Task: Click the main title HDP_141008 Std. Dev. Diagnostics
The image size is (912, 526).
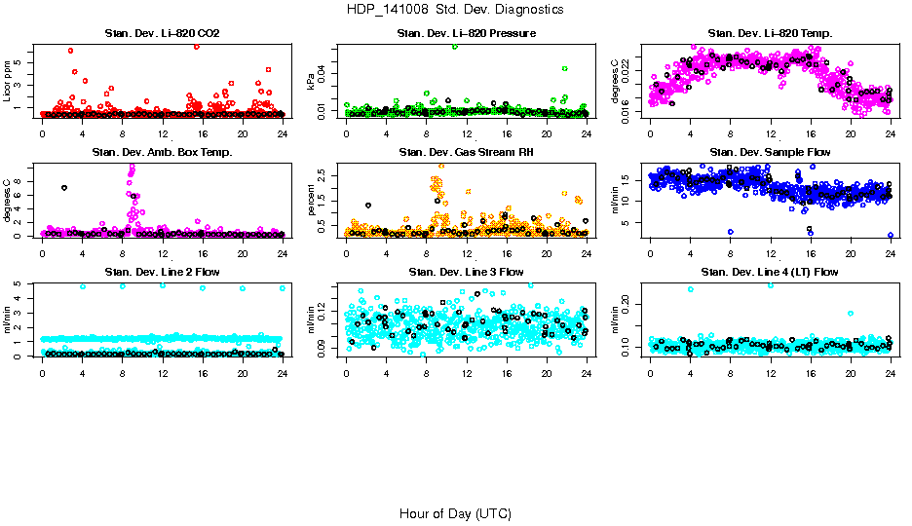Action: click(455, 9)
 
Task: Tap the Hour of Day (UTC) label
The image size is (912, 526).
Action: click(455, 512)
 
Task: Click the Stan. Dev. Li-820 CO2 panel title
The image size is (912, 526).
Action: click(162, 34)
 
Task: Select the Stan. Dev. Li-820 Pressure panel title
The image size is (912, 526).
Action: click(466, 34)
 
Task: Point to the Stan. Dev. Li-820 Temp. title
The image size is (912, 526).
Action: click(770, 34)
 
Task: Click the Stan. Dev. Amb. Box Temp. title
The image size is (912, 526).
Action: click(162, 153)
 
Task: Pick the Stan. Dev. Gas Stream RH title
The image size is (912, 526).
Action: click(466, 153)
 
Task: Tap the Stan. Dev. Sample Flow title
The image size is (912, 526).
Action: click(770, 153)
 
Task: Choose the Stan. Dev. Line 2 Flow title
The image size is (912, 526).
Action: click(162, 272)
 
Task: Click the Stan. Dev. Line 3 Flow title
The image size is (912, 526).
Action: click(466, 272)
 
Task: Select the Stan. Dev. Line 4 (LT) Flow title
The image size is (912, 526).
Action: click(770, 272)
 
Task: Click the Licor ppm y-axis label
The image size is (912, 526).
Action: click(8, 82)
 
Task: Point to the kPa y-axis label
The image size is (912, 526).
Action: click(312, 82)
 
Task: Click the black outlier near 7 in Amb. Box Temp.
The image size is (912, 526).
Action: click(64, 187)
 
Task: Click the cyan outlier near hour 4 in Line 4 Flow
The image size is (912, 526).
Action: click(690, 289)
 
